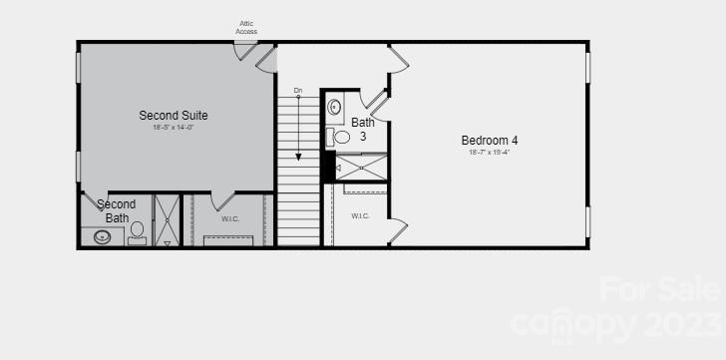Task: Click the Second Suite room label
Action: click(174, 115)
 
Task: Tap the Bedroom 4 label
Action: click(489, 140)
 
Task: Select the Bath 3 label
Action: click(362, 130)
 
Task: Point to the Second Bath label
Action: click(117, 210)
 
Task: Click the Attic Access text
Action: click(246, 27)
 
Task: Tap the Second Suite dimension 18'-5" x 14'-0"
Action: click(174, 128)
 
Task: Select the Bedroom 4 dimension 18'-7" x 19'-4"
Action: click(489, 153)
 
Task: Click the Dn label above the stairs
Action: click(297, 91)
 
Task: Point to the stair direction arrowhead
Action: click(297, 157)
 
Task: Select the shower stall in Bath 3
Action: click(361, 167)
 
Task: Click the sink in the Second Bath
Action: click(102, 237)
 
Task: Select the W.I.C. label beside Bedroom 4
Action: click(360, 215)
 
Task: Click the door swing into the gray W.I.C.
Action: click(222, 199)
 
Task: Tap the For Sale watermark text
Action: click(659, 289)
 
